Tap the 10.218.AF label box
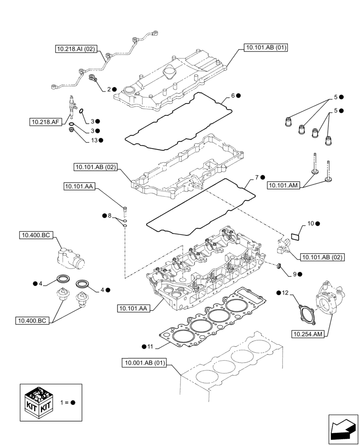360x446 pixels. coord(45,121)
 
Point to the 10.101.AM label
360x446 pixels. coord(284,185)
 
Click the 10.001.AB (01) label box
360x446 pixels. coord(143,363)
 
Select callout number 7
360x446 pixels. coord(257,178)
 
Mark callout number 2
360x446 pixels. coord(109,89)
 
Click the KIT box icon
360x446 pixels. coord(39,402)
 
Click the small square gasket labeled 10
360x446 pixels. coord(295,235)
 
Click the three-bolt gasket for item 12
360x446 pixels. coord(306,313)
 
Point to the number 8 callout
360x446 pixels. coord(110,216)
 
